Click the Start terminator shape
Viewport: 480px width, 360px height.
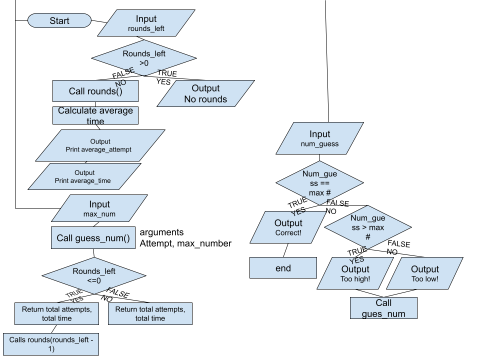(59, 21)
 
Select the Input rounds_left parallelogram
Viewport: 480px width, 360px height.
(146, 23)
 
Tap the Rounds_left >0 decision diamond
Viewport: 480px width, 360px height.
(144, 58)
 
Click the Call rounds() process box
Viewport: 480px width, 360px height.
(95, 91)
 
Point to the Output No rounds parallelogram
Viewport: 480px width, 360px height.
(205, 93)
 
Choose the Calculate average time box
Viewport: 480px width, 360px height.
(95, 115)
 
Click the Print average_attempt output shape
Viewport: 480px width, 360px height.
(100, 145)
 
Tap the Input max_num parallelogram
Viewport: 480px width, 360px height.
(99, 208)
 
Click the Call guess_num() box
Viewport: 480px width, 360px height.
(93, 238)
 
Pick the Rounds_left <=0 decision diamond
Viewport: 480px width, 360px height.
(94, 275)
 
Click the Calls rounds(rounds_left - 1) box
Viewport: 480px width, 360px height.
(51, 344)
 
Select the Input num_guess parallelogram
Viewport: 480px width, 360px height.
(319, 138)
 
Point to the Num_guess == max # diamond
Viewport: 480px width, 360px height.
(319, 183)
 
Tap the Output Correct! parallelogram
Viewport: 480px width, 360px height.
(288, 227)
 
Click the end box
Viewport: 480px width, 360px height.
(283, 268)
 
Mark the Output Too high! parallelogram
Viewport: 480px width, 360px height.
(355, 273)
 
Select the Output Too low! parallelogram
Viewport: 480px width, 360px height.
(424, 273)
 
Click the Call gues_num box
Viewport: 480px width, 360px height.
(383, 308)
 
